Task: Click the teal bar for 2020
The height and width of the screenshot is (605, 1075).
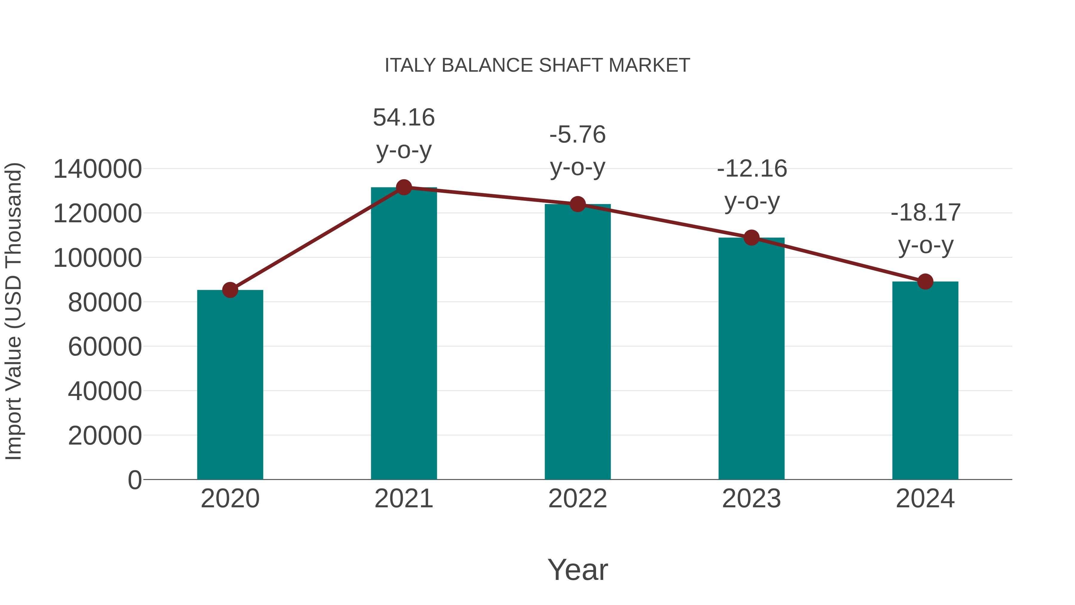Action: tap(230, 384)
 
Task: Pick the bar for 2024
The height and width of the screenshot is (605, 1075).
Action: tap(925, 380)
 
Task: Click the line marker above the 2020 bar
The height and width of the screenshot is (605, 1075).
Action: tap(230, 290)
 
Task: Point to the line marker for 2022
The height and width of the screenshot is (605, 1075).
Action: tap(578, 204)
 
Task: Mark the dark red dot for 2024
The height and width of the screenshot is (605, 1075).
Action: tap(925, 281)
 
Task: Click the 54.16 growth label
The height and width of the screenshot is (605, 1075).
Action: tap(403, 118)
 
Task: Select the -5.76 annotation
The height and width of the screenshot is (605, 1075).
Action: tap(578, 135)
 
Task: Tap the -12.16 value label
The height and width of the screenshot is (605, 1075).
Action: tap(752, 169)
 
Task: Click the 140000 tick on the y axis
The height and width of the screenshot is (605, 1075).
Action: tap(98, 169)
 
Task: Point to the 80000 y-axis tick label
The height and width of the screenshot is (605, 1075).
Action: tap(105, 303)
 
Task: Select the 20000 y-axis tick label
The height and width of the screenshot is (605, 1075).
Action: tap(105, 436)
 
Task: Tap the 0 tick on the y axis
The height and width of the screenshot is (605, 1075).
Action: tap(135, 480)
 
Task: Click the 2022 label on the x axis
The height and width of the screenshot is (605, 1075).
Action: tap(578, 499)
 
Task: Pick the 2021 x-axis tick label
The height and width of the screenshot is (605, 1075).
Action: tap(403, 499)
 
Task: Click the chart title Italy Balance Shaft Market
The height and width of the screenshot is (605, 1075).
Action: tap(537, 65)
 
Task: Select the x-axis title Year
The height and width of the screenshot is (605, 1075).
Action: tap(578, 569)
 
